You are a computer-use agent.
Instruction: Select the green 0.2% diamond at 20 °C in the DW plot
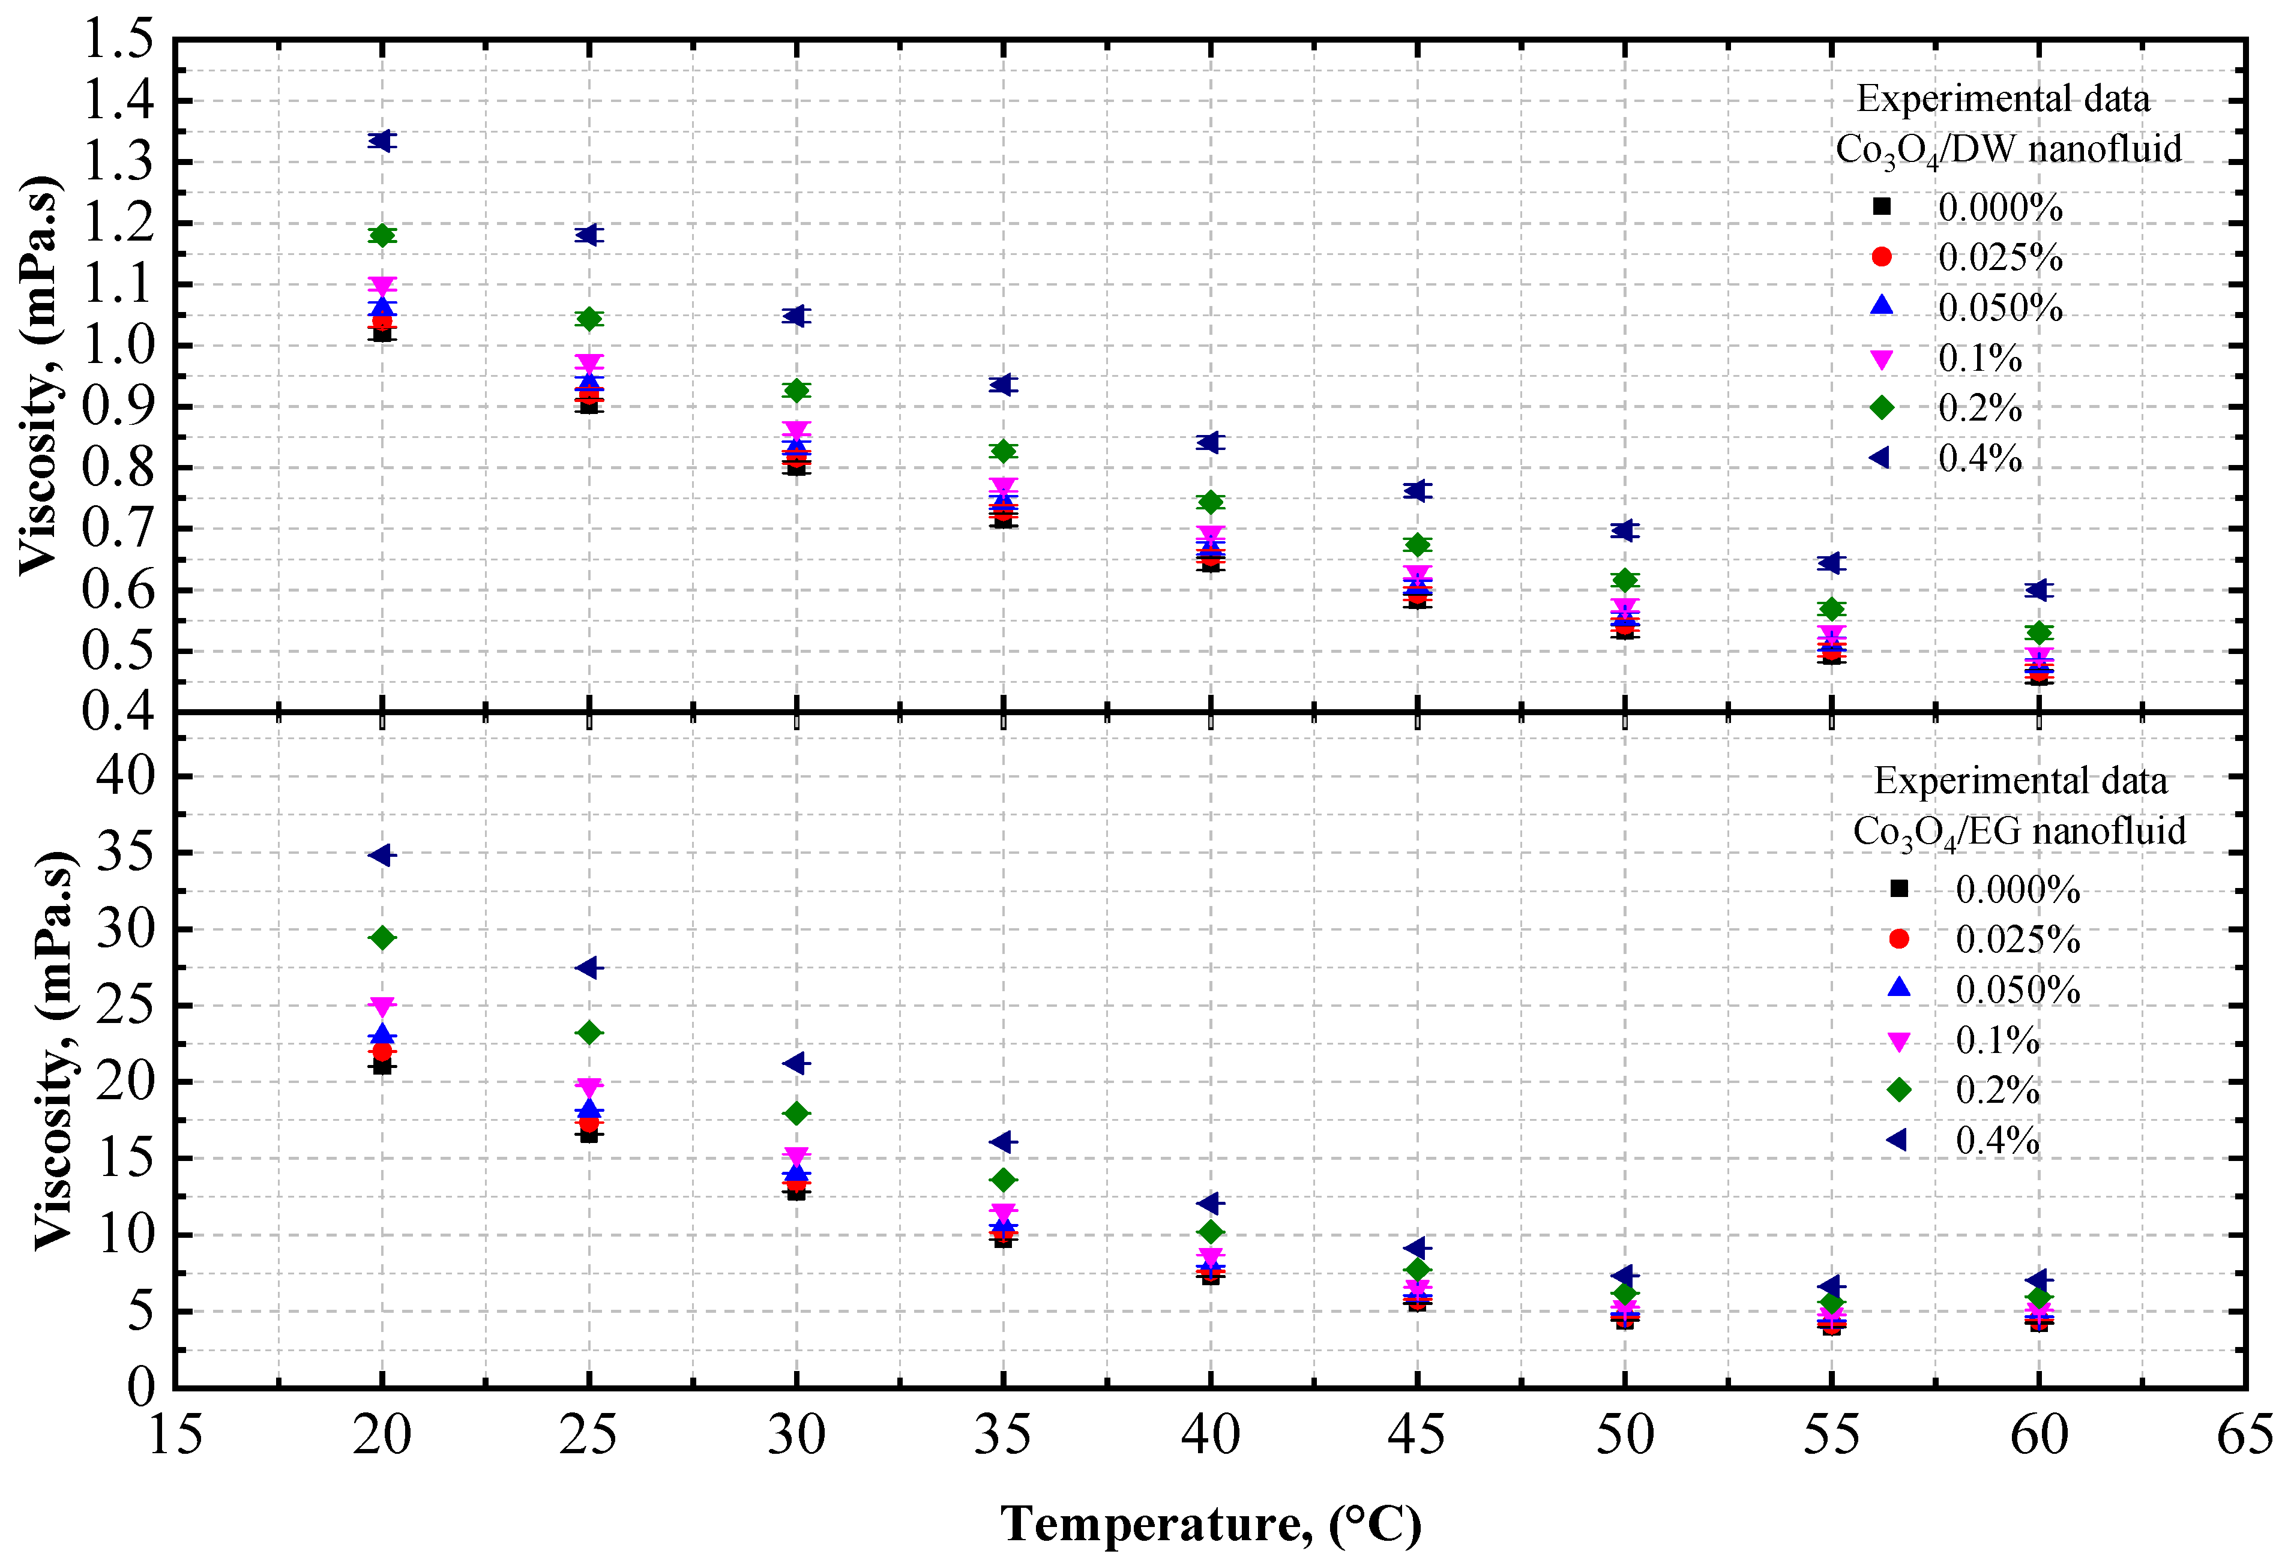[382, 236]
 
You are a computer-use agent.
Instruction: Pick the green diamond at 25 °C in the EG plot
[589, 1033]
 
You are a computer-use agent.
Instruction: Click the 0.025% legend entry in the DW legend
[1998, 258]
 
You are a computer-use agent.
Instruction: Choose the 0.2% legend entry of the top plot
[1978, 409]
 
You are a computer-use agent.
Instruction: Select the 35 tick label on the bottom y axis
[127, 852]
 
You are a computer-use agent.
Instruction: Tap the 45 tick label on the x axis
[1417, 1435]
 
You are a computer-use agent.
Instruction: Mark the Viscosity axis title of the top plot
[39, 375]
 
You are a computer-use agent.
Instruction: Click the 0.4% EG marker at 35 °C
[1002, 1142]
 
